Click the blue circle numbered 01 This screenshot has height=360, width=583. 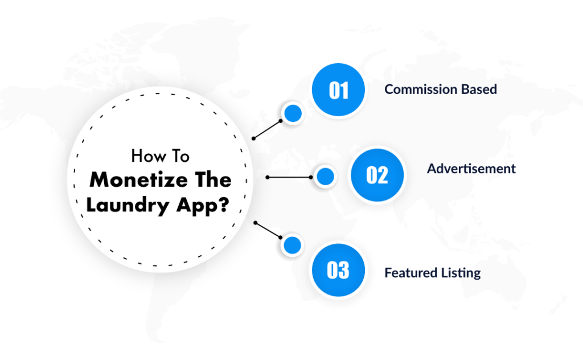pyautogui.click(x=338, y=91)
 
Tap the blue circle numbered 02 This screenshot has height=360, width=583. pyautogui.click(x=376, y=175)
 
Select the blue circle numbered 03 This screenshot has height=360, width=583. pyautogui.click(x=338, y=270)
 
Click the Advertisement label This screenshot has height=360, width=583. pyautogui.click(x=471, y=169)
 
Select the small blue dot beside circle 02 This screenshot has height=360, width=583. pyautogui.click(x=325, y=177)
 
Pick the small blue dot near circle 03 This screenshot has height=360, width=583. pyautogui.click(x=292, y=246)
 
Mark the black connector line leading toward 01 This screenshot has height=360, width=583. pyautogui.click(x=267, y=129)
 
